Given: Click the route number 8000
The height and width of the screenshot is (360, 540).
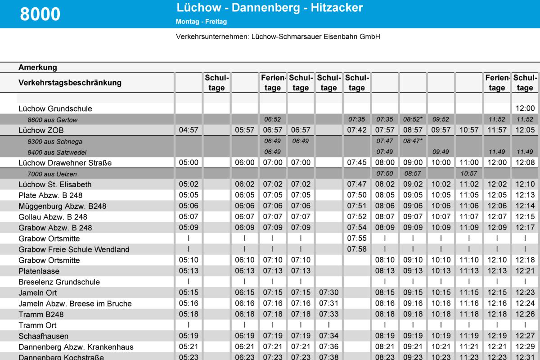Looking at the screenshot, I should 40,14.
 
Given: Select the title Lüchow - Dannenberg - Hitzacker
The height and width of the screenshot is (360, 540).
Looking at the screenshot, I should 270,8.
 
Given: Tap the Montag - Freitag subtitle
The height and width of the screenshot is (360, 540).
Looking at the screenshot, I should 201,21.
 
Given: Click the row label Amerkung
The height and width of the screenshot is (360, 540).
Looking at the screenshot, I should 38,67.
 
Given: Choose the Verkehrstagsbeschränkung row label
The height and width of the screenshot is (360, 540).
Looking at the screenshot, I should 70,83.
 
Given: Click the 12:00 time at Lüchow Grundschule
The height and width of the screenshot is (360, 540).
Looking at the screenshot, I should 525,108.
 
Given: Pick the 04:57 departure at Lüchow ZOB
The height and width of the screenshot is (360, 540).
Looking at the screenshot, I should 189,130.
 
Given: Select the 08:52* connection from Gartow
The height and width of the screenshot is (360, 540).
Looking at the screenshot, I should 413,119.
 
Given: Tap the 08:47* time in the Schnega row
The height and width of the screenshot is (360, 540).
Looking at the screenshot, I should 413,141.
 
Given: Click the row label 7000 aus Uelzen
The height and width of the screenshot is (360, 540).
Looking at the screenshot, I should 52,174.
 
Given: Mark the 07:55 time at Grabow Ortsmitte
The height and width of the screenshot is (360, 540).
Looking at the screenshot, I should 356,238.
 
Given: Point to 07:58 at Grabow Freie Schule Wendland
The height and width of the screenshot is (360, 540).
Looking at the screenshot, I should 356,249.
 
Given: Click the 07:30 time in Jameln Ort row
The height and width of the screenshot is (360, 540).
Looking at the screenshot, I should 328,292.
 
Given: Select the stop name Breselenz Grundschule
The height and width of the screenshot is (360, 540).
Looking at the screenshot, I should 59,282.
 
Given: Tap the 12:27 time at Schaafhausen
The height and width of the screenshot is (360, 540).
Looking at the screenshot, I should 525,336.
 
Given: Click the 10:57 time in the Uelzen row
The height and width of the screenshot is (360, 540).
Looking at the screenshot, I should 468,174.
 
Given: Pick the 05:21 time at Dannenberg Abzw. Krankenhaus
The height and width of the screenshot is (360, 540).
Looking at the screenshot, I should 189,347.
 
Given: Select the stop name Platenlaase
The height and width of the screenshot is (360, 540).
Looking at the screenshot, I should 39,271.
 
